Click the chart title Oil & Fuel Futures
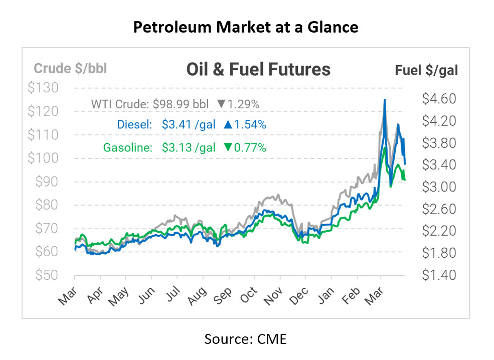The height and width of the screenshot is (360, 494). [258, 69]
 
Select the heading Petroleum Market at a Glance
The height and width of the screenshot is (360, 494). [246, 27]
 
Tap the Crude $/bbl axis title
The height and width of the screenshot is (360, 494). [70, 68]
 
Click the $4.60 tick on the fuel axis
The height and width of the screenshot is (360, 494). [438, 99]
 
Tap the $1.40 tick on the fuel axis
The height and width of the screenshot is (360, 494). [438, 275]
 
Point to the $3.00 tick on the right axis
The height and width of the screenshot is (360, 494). [438, 187]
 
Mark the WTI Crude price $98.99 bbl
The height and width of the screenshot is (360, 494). [179, 105]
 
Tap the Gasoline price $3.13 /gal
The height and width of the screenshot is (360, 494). [189, 147]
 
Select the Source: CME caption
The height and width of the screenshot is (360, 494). [245, 339]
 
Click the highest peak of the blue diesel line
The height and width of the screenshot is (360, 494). [384, 100]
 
